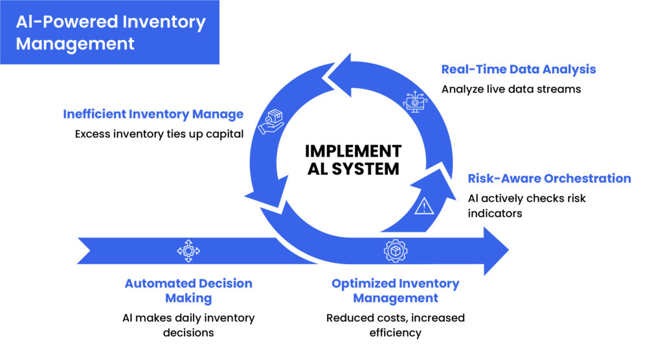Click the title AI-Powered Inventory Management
110,32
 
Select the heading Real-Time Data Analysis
519,69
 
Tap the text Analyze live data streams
511,89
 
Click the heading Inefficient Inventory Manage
153,115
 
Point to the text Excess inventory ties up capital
159,134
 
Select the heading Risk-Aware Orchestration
549,179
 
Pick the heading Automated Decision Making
188,291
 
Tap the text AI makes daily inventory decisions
188,325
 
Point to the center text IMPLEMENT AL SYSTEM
353,160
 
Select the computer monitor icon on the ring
415,102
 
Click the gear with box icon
395,250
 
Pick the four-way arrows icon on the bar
188,250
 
